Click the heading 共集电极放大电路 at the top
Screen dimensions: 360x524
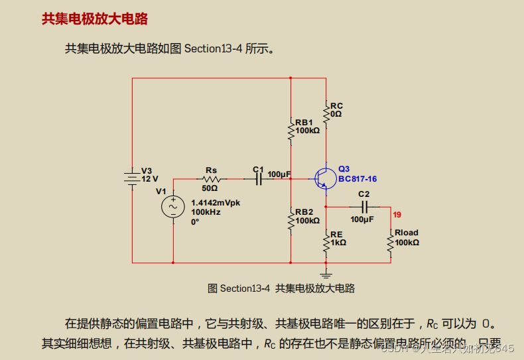[x=94, y=19]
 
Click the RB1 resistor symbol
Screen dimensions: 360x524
[x=291, y=130]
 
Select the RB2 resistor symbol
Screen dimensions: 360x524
[x=291, y=219]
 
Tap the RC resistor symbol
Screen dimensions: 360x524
[x=326, y=113]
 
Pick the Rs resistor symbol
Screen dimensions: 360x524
[x=211, y=179]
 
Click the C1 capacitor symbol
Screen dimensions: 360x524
[x=259, y=179]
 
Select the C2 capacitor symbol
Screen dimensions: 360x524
[x=363, y=207]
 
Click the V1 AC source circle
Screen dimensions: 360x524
[x=173, y=207]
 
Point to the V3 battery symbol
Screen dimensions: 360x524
[x=132, y=178]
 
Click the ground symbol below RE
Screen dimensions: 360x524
[x=326, y=272]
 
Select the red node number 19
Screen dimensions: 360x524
[x=397, y=215]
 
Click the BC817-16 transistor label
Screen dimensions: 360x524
[x=358, y=179]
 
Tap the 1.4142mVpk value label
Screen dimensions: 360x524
[x=215, y=203]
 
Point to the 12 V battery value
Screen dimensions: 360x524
[x=151, y=179]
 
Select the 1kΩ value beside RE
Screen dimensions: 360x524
[x=338, y=243]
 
